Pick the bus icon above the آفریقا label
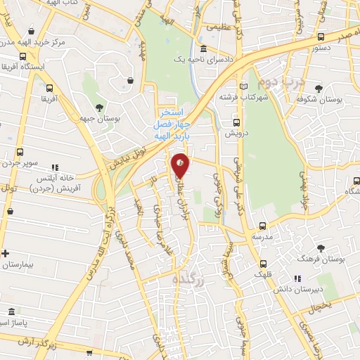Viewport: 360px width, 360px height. tap(49, 89)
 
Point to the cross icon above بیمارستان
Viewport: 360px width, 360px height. tap(6, 253)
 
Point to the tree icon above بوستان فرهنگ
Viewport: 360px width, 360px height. tap(321, 248)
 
